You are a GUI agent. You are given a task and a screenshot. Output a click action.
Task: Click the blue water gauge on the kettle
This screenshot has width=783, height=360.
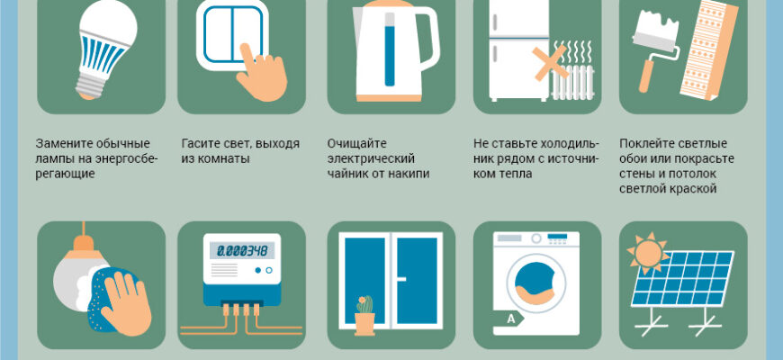[x=390, y=49]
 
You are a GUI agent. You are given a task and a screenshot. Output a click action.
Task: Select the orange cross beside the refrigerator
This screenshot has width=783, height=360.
[x=550, y=62]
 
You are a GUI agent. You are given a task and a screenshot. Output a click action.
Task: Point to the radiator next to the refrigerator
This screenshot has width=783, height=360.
[x=572, y=81]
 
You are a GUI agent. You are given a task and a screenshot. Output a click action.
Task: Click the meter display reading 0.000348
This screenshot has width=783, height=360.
[x=242, y=249]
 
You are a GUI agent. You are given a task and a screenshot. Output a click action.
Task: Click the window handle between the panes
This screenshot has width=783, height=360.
[x=400, y=279]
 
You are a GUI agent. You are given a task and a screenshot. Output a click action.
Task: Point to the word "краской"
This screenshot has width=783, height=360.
[x=693, y=189]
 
